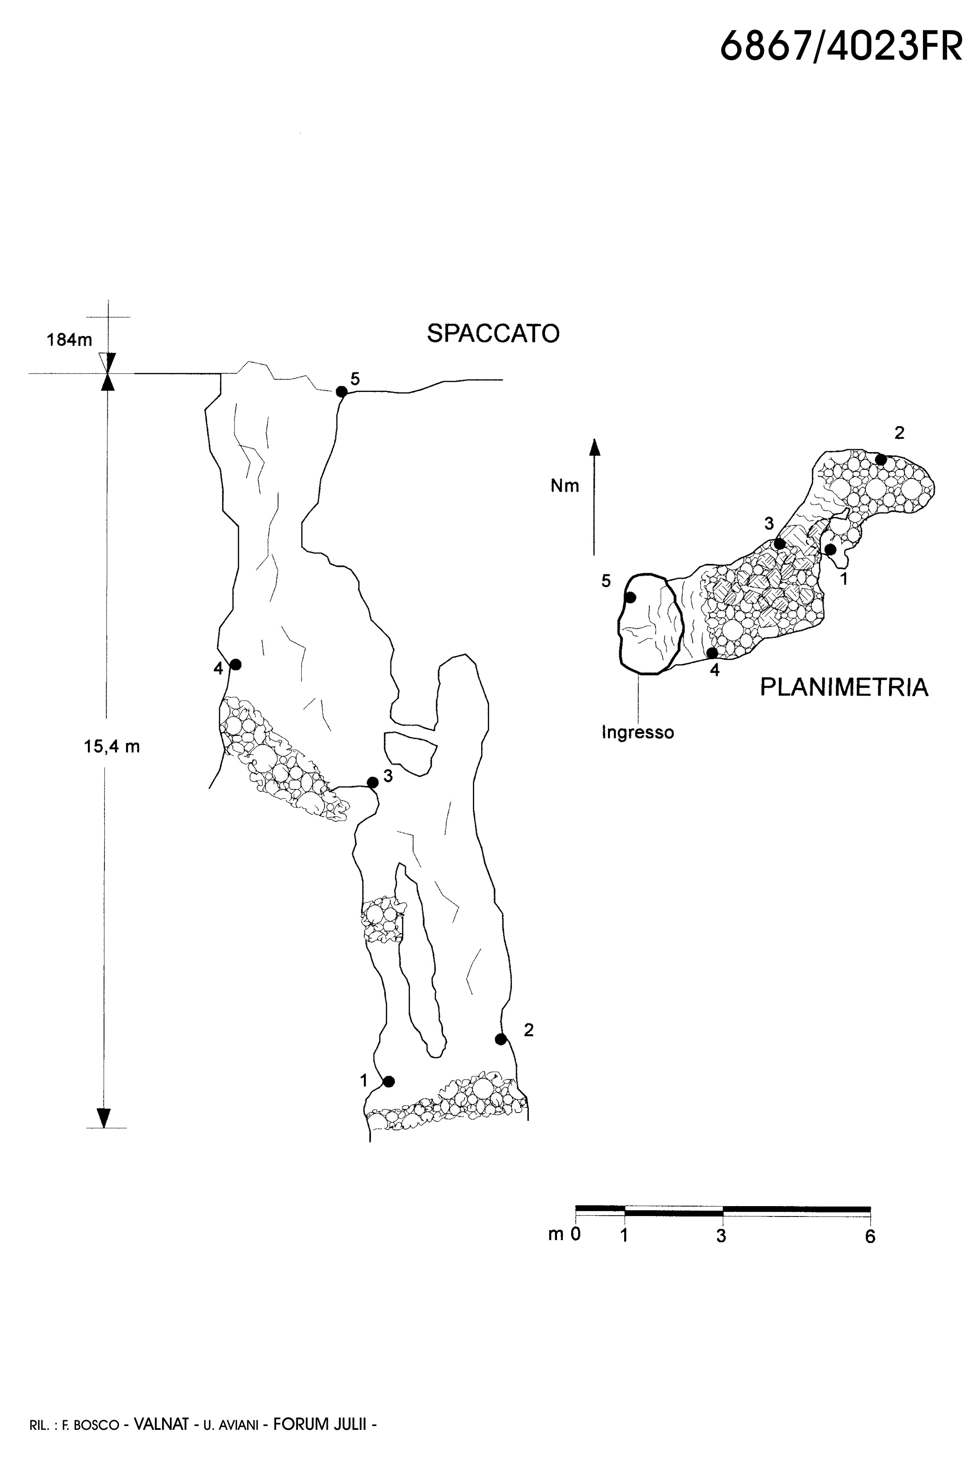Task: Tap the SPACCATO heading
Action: [x=493, y=334]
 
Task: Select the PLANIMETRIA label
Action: [x=844, y=687]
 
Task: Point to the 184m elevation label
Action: [x=69, y=340]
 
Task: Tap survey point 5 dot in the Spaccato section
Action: [x=341, y=392]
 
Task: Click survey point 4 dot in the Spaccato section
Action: [x=235, y=665]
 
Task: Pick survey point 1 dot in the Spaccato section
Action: [x=389, y=1081]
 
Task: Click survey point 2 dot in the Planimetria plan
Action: [x=880, y=459]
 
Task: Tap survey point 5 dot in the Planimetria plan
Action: [x=630, y=597]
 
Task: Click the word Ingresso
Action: [x=638, y=733]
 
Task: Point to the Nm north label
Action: [x=565, y=486]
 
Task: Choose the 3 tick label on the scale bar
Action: [x=721, y=1236]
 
